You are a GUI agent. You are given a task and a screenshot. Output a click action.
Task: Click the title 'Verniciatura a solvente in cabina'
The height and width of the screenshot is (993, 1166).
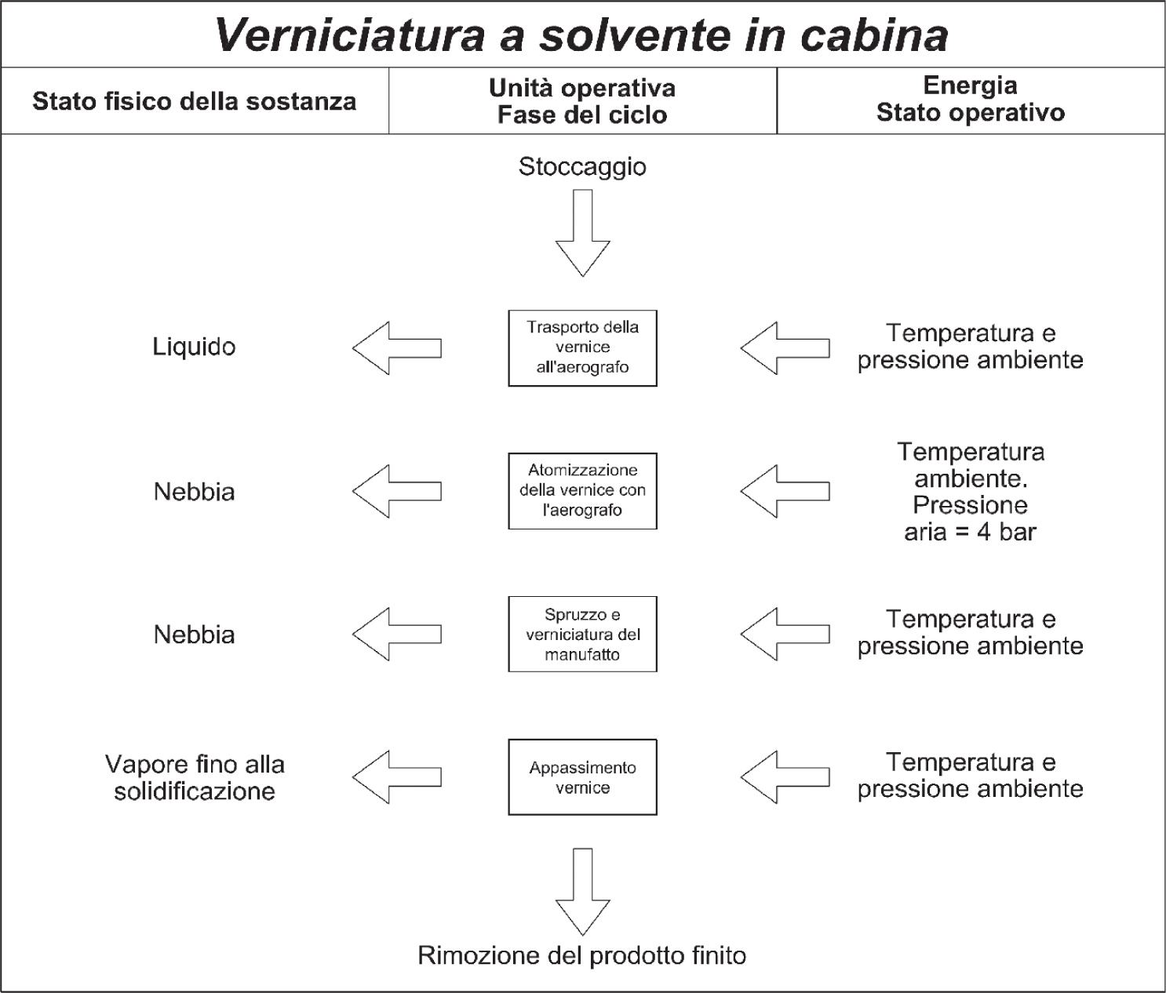pyautogui.click(x=581, y=35)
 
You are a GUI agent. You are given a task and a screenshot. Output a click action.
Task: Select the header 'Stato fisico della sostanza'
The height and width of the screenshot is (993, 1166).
pyautogui.click(x=194, y=101)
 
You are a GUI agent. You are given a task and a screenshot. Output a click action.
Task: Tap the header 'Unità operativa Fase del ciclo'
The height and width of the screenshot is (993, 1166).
pyautogui.click(x=582, y=101)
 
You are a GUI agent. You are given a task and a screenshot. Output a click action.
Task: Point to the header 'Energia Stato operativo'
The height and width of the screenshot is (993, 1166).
pyautogui.click(x=971, y=99)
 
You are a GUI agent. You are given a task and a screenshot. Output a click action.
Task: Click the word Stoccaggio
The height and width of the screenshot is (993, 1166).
pyautogui.click(x=582, y=167)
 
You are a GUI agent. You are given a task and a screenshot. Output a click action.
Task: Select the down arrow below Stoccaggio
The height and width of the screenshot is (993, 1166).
pyautogui.click(x=583, y=233)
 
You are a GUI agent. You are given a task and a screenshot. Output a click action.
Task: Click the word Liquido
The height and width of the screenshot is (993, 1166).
pyautogui.click(x=194, y=347)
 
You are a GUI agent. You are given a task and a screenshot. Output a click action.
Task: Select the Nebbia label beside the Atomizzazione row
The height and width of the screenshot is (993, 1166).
pyautogui.click(x=194, y=492)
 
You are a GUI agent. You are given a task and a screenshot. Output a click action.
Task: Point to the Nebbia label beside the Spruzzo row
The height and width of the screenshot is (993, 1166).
pyautogui.click(x=194, y=635)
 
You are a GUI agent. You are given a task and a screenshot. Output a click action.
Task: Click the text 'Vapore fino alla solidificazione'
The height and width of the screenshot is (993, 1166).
pyautogui.click(x=195, y=777)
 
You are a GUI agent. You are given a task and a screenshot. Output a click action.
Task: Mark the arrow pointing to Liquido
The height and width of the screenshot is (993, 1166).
pyautogui.click(x=396, y=348)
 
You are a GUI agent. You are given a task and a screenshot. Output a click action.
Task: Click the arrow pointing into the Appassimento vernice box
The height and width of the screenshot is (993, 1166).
pyautogui.click(x=785, y=777)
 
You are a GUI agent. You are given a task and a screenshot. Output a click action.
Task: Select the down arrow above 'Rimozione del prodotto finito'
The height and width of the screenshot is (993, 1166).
pyautogui.click(x=583, y=892)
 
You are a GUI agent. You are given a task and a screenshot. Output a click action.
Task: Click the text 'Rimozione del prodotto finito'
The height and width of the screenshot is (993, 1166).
pyautogui.click(x=581, y=955)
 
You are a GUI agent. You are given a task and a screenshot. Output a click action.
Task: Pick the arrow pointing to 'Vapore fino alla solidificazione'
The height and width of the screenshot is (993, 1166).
pyautogui.click(x=396, y=777)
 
